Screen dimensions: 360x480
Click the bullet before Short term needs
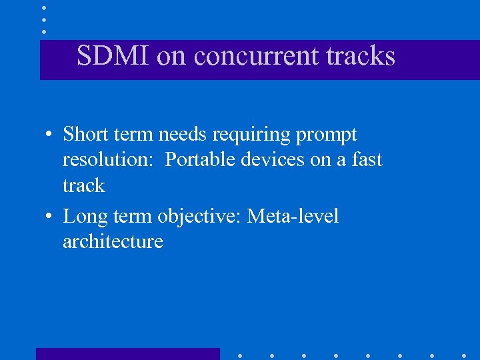(50, 135)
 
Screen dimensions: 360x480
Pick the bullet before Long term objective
(50, 217)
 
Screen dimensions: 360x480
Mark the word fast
(366, 160)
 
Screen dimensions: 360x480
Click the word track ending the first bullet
(84, 185)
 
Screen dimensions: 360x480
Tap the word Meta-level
(293, 216)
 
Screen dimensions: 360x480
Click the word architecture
(113, 241)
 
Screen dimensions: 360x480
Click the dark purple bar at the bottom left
(127, 353)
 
